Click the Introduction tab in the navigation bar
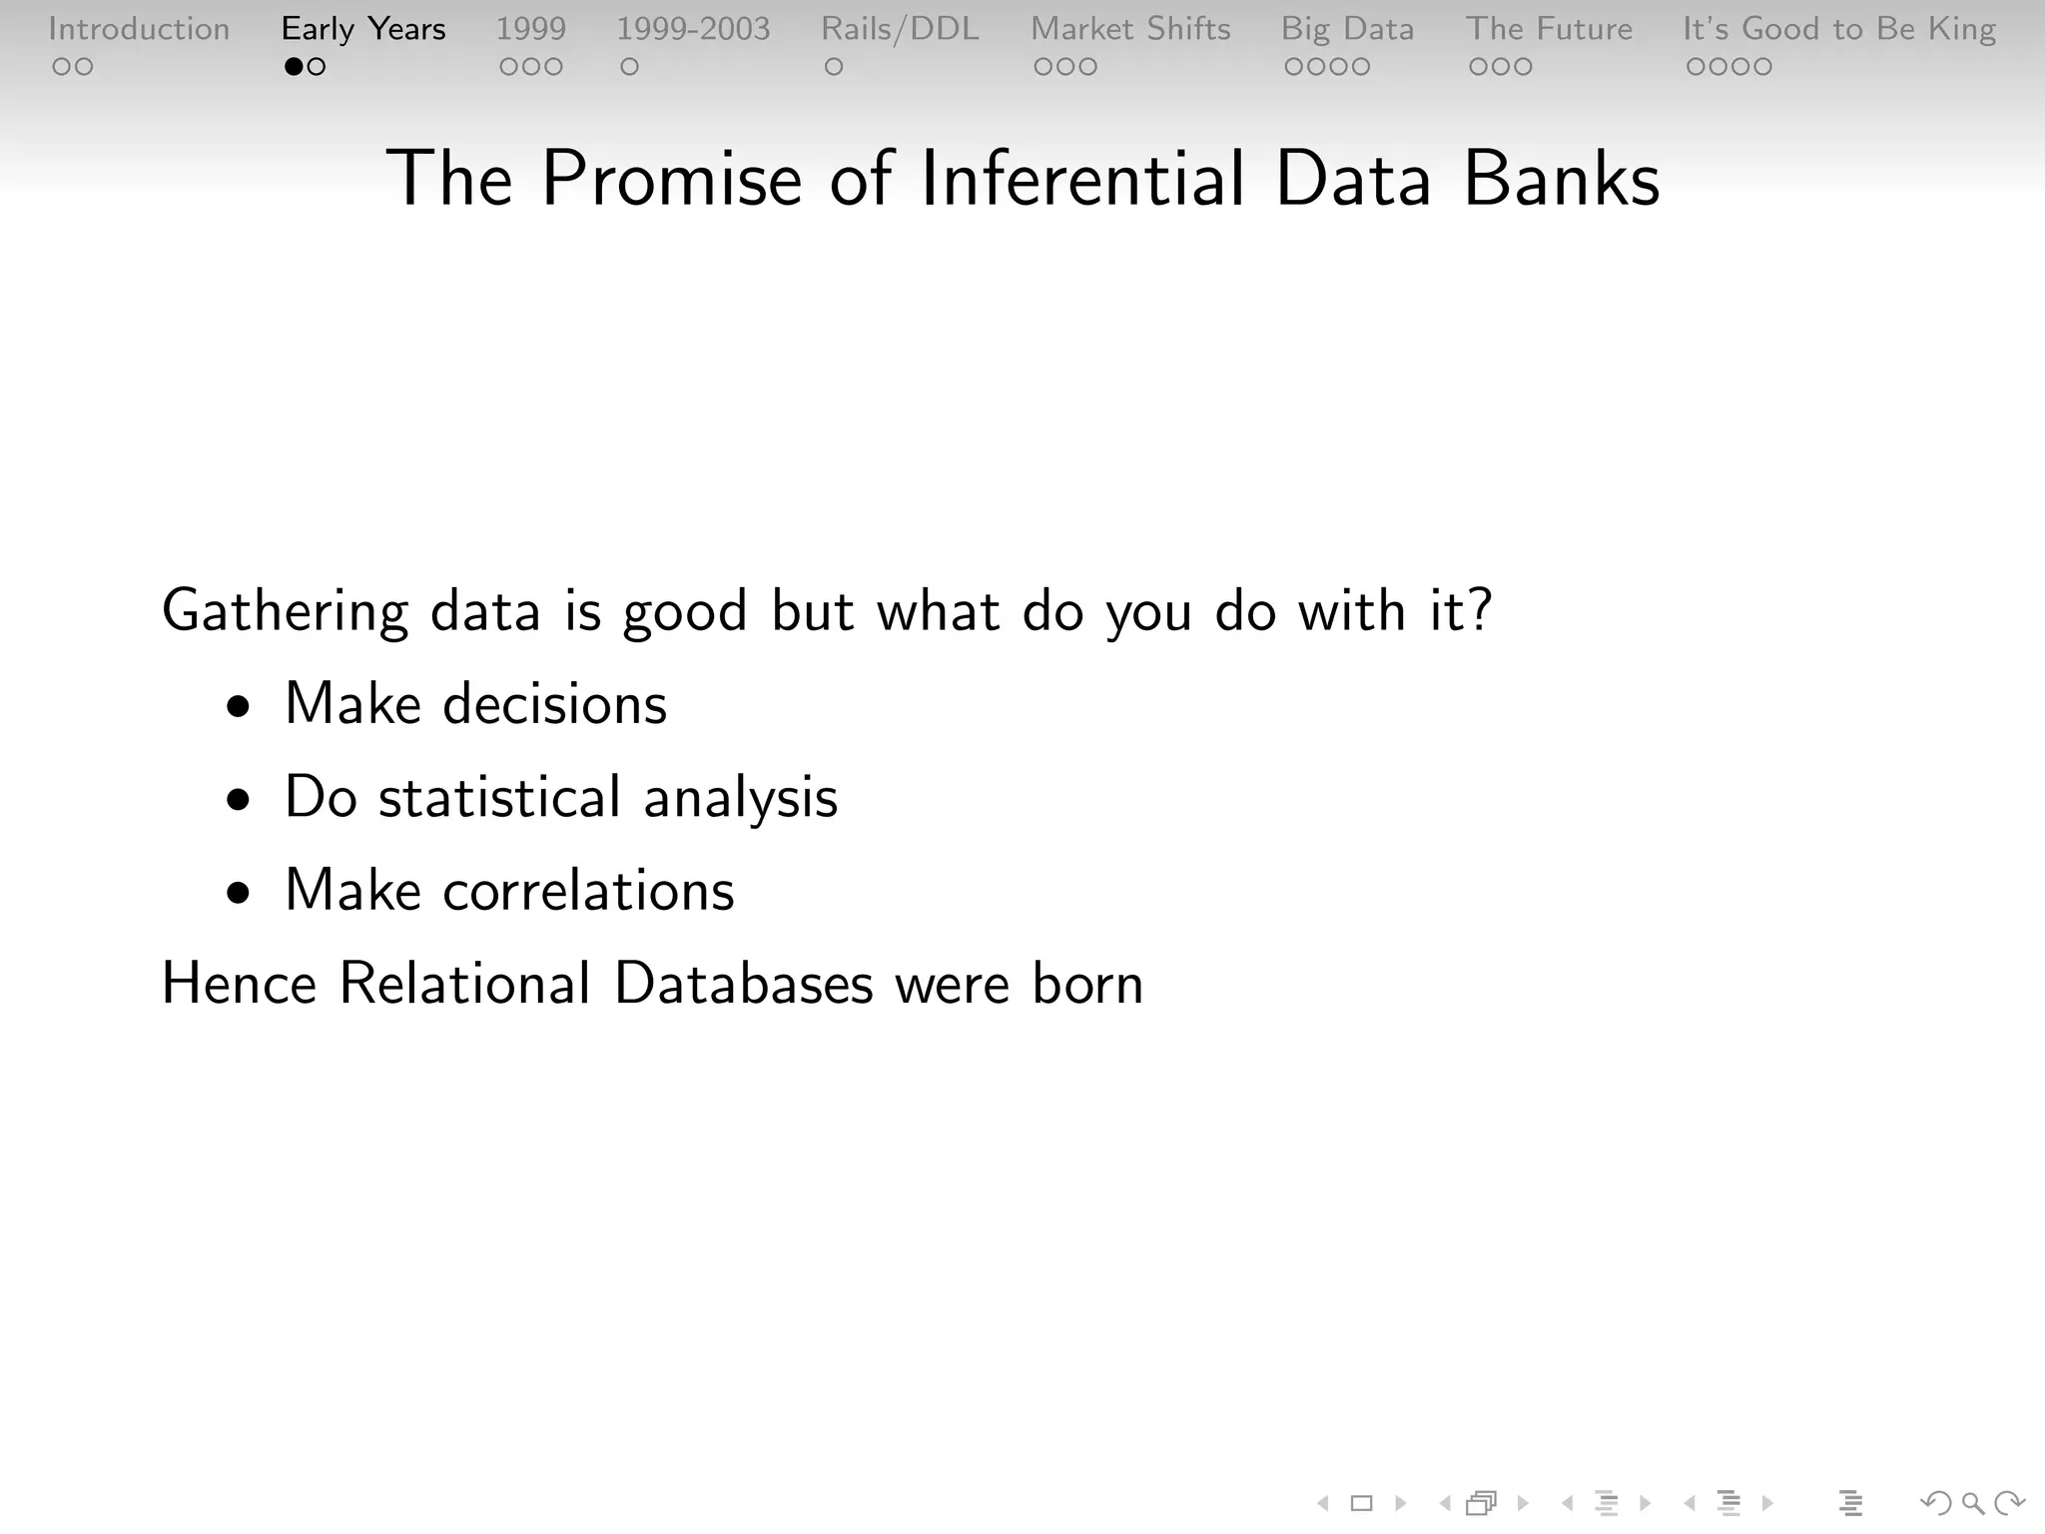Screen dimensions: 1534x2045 coord(139,29)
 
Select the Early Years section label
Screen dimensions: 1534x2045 coord(363,29)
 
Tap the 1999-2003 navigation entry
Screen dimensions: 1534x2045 coord(693,29)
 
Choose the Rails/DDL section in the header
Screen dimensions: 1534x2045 coord(900,29)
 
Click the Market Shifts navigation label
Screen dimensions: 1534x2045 coord(1130,29)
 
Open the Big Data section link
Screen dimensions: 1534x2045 coord(1347,29)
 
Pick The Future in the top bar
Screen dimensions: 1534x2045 coord(1549,29)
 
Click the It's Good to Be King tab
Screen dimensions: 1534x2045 coord(1839,29)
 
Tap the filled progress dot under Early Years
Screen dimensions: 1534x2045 coord(294,67)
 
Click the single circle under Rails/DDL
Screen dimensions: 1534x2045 coord(834,67)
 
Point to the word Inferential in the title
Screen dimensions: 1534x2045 coord(1082,180)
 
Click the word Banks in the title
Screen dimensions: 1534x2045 coord(1561,180)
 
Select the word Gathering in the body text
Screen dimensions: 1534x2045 coord(286,611)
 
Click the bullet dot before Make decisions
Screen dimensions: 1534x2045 coord(238,707)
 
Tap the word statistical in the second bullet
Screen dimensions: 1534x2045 coord(499,798)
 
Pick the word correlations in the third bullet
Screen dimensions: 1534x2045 coord(588,891)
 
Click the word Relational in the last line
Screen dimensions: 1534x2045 coord(465,984)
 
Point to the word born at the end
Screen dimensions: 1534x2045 coord(1087,984)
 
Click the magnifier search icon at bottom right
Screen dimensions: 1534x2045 coord(1972,1503)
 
